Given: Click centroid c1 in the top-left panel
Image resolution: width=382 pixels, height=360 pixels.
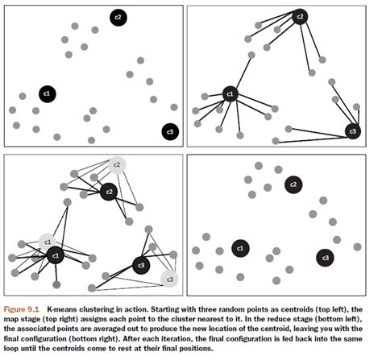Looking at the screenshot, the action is pos(48,94).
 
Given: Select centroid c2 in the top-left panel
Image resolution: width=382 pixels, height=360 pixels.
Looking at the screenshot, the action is pos(118,18).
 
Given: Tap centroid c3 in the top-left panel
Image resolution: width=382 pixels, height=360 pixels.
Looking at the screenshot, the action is pos(170,131).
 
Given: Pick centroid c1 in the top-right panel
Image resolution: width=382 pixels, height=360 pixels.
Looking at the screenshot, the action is pos(230,94).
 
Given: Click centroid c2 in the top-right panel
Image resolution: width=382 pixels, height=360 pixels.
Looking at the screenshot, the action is pos(300,17).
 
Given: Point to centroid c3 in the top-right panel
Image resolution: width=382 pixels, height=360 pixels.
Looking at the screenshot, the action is pos(353,131).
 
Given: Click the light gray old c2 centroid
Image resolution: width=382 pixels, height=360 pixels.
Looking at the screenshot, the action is pos(117,165).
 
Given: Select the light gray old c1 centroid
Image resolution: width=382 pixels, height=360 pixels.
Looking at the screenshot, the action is pos(48,242).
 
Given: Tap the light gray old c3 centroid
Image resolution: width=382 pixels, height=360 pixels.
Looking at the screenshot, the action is pos(169,279).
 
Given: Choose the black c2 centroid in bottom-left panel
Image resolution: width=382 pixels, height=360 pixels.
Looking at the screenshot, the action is pos(109,192).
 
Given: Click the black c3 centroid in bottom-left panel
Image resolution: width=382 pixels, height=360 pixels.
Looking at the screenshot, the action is pos(141,265).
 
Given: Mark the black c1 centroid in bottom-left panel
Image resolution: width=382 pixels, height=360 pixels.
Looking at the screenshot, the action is pos(56,255).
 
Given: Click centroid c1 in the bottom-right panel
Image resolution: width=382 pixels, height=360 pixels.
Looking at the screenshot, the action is pos(240,248).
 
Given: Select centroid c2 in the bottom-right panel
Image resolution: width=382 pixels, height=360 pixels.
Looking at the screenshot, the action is pos(293,184).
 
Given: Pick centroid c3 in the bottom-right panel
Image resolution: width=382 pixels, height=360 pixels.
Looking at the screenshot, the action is pos(326,258).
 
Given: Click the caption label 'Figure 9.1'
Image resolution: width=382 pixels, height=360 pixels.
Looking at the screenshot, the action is pos(22,309).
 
